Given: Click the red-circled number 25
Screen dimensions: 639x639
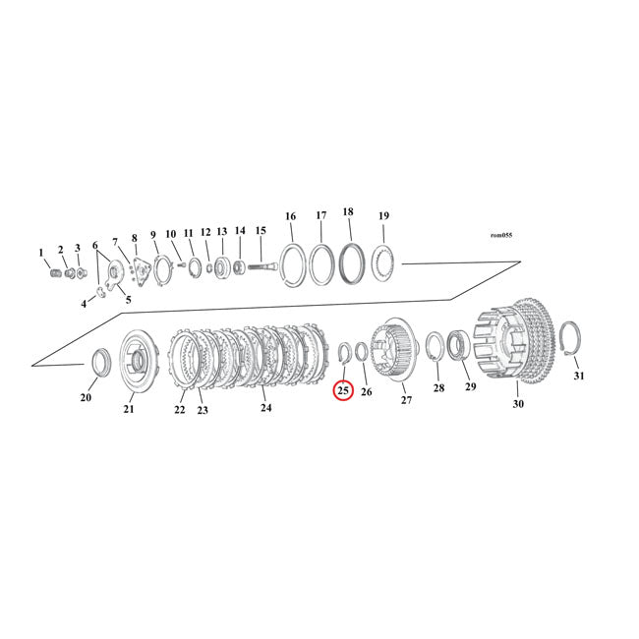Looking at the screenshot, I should (x=343, y=391).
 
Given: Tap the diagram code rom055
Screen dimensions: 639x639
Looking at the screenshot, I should (x=501, y=235).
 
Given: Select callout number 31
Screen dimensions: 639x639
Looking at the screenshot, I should (x=578, y=377).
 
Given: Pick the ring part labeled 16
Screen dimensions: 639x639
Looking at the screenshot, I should (x=292, y=265).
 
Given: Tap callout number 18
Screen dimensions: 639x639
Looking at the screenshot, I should (x=348, y=212).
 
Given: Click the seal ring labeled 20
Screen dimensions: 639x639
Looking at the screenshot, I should (x=100, y=361).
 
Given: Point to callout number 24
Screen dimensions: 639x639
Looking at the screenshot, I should (x=265, y=407).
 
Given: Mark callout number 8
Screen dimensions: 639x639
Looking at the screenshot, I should (x=134, y=238).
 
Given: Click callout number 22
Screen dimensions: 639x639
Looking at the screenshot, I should (x=179, y=409).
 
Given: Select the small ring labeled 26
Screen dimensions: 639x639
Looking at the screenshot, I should (x=362, y=351).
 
